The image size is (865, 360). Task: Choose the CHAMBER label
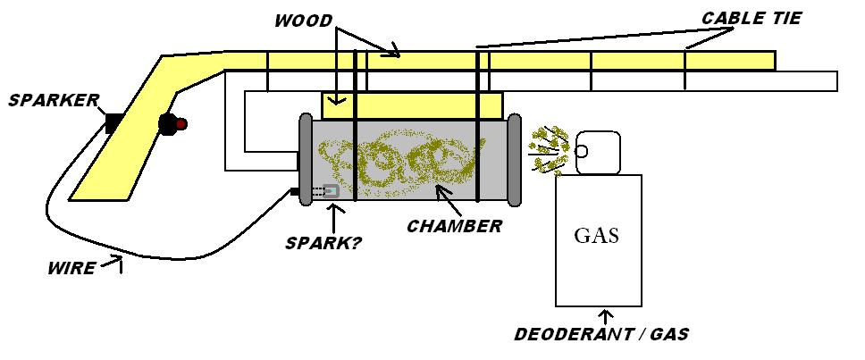click(454, 226)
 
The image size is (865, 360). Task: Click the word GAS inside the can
click(596, 237)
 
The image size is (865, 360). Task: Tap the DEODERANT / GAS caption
click(601, 335)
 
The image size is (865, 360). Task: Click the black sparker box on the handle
click(113, 123)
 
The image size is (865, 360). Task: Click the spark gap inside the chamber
click(329, 191)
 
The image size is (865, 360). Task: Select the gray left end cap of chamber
click(305, 159)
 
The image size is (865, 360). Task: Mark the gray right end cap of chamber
click(515, 159)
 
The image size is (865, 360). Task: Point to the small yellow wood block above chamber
click(412, 106)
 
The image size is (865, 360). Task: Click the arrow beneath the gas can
click(607, 316)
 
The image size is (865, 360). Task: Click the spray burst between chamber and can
click(548, 148)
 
